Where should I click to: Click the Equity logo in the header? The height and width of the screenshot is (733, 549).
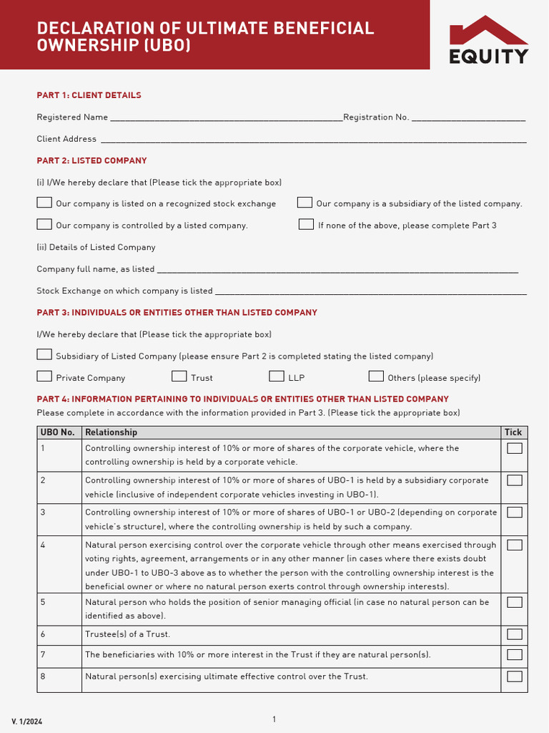(489, 40)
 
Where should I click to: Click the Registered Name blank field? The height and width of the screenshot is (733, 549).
(226, 117)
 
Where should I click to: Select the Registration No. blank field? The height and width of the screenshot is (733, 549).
(469, 117)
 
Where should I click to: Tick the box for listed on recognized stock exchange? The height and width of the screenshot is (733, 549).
(44, 203)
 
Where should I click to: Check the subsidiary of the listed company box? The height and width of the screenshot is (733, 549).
(305, 203)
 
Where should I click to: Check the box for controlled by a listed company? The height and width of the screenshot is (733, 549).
(44, 225)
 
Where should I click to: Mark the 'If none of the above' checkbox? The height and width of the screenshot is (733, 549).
(306, 225)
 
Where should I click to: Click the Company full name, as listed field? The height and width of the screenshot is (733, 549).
(337, 269)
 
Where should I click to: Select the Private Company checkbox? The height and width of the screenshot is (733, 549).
(44, 377)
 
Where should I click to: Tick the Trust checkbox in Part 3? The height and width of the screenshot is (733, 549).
(179, 377)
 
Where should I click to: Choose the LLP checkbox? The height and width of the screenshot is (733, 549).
(277, 377)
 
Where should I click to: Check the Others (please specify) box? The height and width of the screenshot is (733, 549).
(376, 377)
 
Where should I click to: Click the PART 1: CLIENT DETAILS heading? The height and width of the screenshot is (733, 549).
(89, 95)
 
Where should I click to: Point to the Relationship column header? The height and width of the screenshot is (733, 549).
(111, 432)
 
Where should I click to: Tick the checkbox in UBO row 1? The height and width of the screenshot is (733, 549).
(515, 449)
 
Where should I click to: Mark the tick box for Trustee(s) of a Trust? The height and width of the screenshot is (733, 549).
(515, 634)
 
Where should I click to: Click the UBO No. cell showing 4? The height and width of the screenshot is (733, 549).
(43, 545)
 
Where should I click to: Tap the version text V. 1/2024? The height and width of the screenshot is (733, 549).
(26, 722)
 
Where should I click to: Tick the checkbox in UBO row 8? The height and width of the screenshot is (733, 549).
(515, 676)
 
